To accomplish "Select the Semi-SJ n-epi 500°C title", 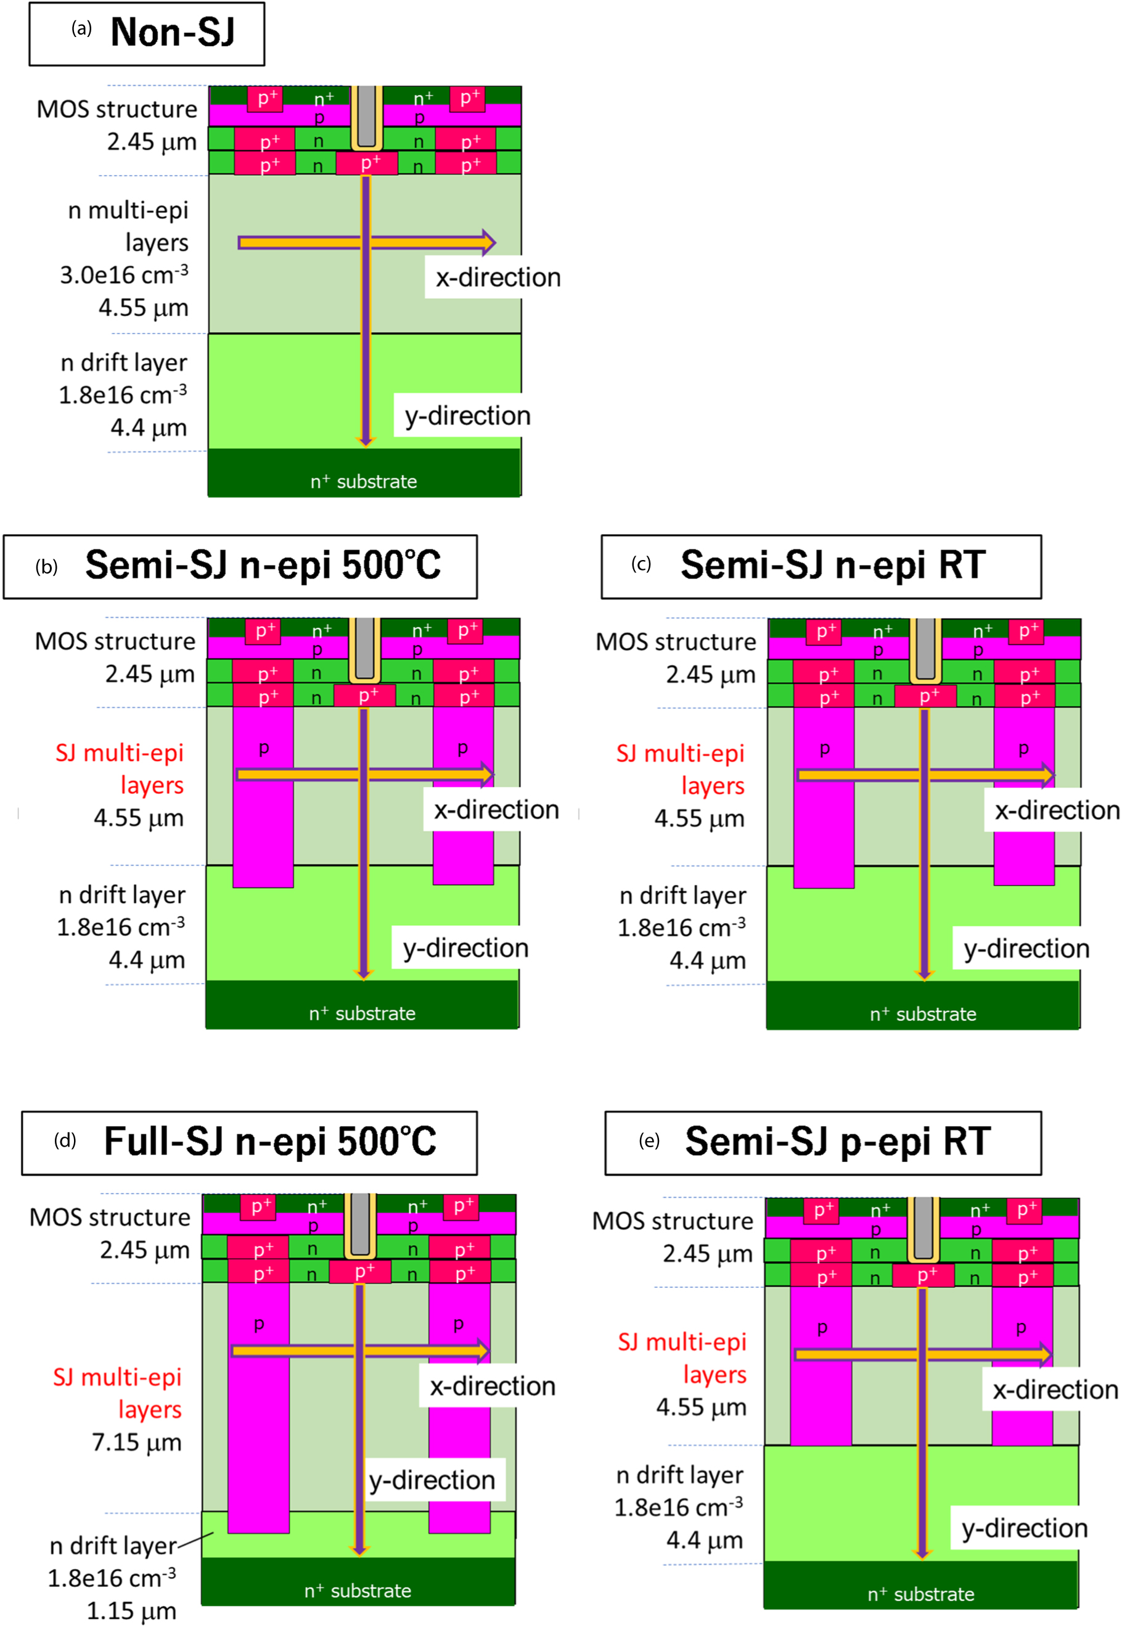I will pyautogui.click(x=263, y=566).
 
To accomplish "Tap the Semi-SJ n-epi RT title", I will pyautogui.click(x=832, y=566).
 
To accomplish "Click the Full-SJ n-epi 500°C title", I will pyautogui.click(x=270, y=1142).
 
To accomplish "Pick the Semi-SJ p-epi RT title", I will pyautogui.click(x=837, y=1142).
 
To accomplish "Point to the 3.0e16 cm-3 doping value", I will pyautogui.click(x=124, y=275).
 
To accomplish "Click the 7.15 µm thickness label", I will pyautogui.click(x=137, y=1442).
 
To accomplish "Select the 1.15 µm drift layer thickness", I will pyautogui.click(x=131, y=1610).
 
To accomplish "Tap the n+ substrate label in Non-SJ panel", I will pyautogui.click(x=364, y=482).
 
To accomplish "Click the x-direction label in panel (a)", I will pyautogui.click(x=498, y=278).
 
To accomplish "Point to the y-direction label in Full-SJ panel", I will pyautogui.click(x=432, y=1480).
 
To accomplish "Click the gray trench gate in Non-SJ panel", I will pyautogui.click(x=366, y=116).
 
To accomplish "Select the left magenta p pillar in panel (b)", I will pyautogui.click(x=263, y=794).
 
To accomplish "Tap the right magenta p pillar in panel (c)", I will pyautogui.click(x=1023, y=794).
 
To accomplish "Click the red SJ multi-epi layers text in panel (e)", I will pyautogui.click(x=682, y=1357).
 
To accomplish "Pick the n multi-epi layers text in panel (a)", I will pyautogui.click(x=128, y=226).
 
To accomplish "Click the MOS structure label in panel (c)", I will pyautogui.click(x=676, y=642).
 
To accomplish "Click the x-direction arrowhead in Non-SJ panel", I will pyautogui.click(x=488, y=242).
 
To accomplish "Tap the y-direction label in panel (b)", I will pyautogui.click(x=465, y=948).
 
